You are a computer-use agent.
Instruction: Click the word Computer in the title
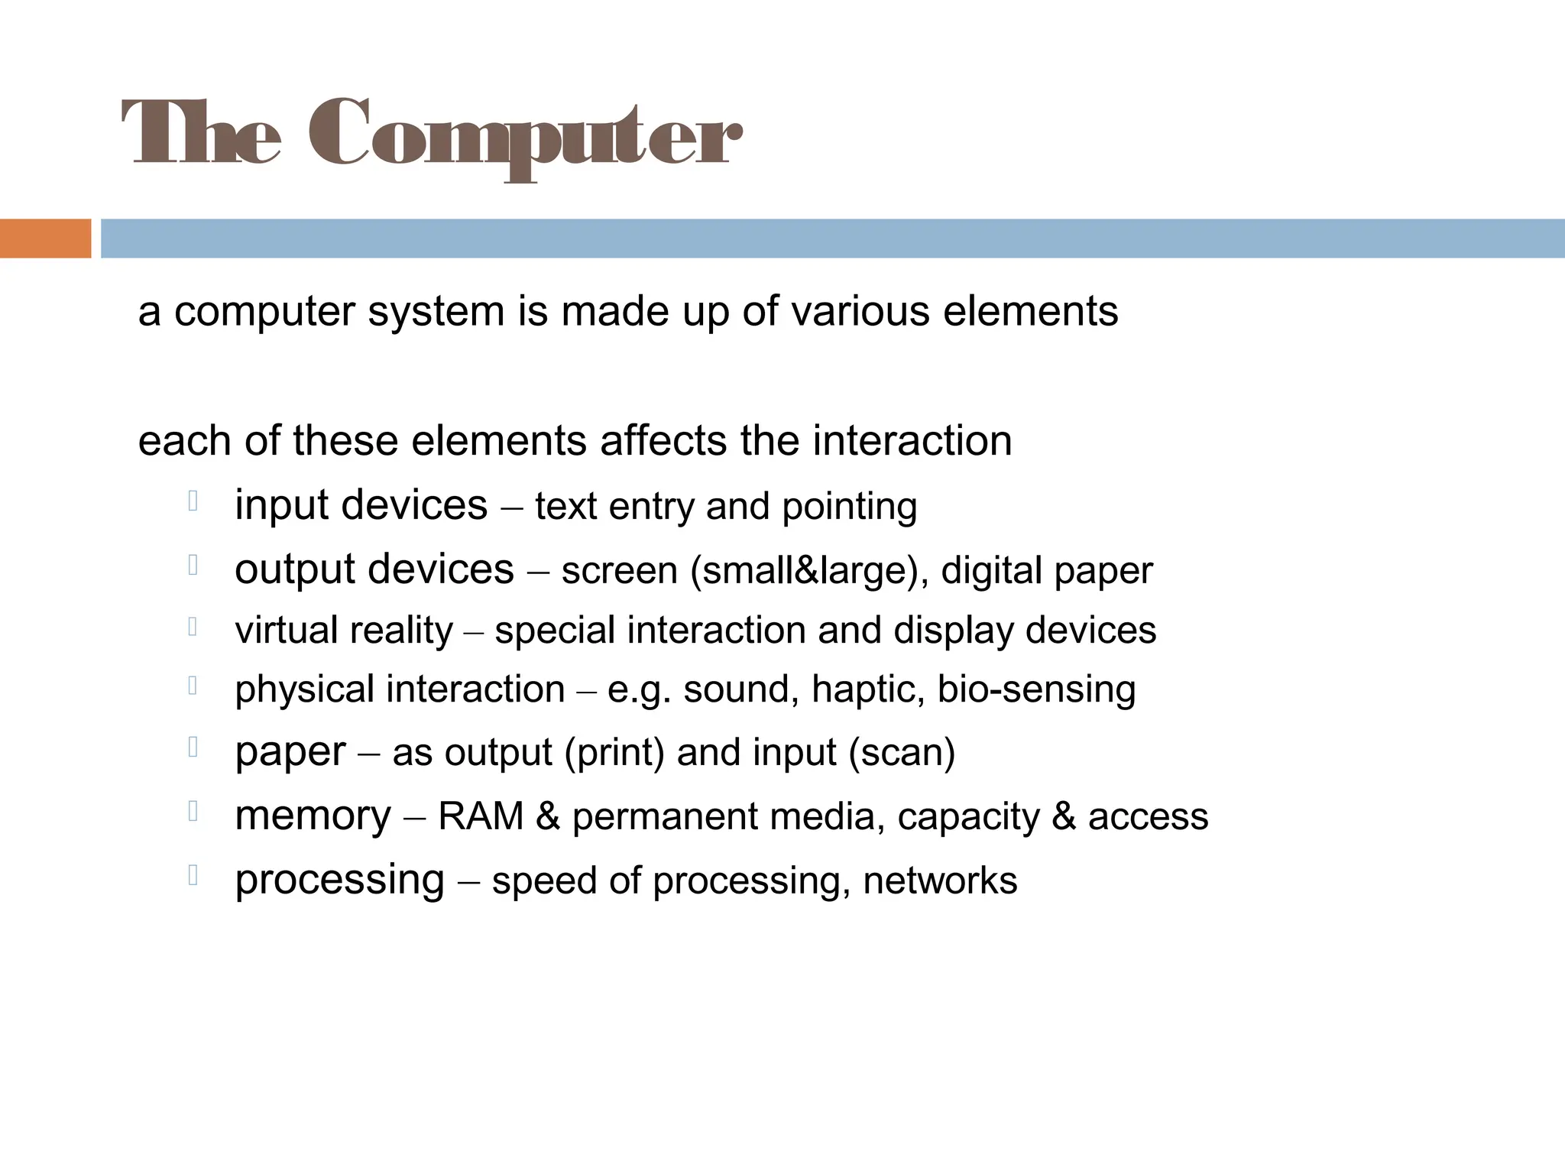pyautogui.click(x=526, y=136)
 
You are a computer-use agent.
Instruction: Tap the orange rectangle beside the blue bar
pyautogui.click(x=45, y=238)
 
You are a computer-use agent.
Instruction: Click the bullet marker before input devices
pyautogui.click(x=193, y=501)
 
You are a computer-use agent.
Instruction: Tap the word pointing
pyautogui.click(x=849, y=507)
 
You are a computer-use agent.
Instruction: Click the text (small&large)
pyautogui.click(x=809, y=571)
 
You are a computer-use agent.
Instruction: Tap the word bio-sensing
pyautogui.click(x=1036, y=689)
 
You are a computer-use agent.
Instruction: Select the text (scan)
pyautogui.click(x=902, y=753)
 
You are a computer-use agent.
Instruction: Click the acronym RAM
pyautogui.click(x=481, y=816)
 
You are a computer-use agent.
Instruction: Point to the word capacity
pyautogui.click(x=968, y=816)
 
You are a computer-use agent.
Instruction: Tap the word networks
pyautogui.click(x=940, y=880)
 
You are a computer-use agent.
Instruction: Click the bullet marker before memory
pyautogui.click(x=193, y=811)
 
